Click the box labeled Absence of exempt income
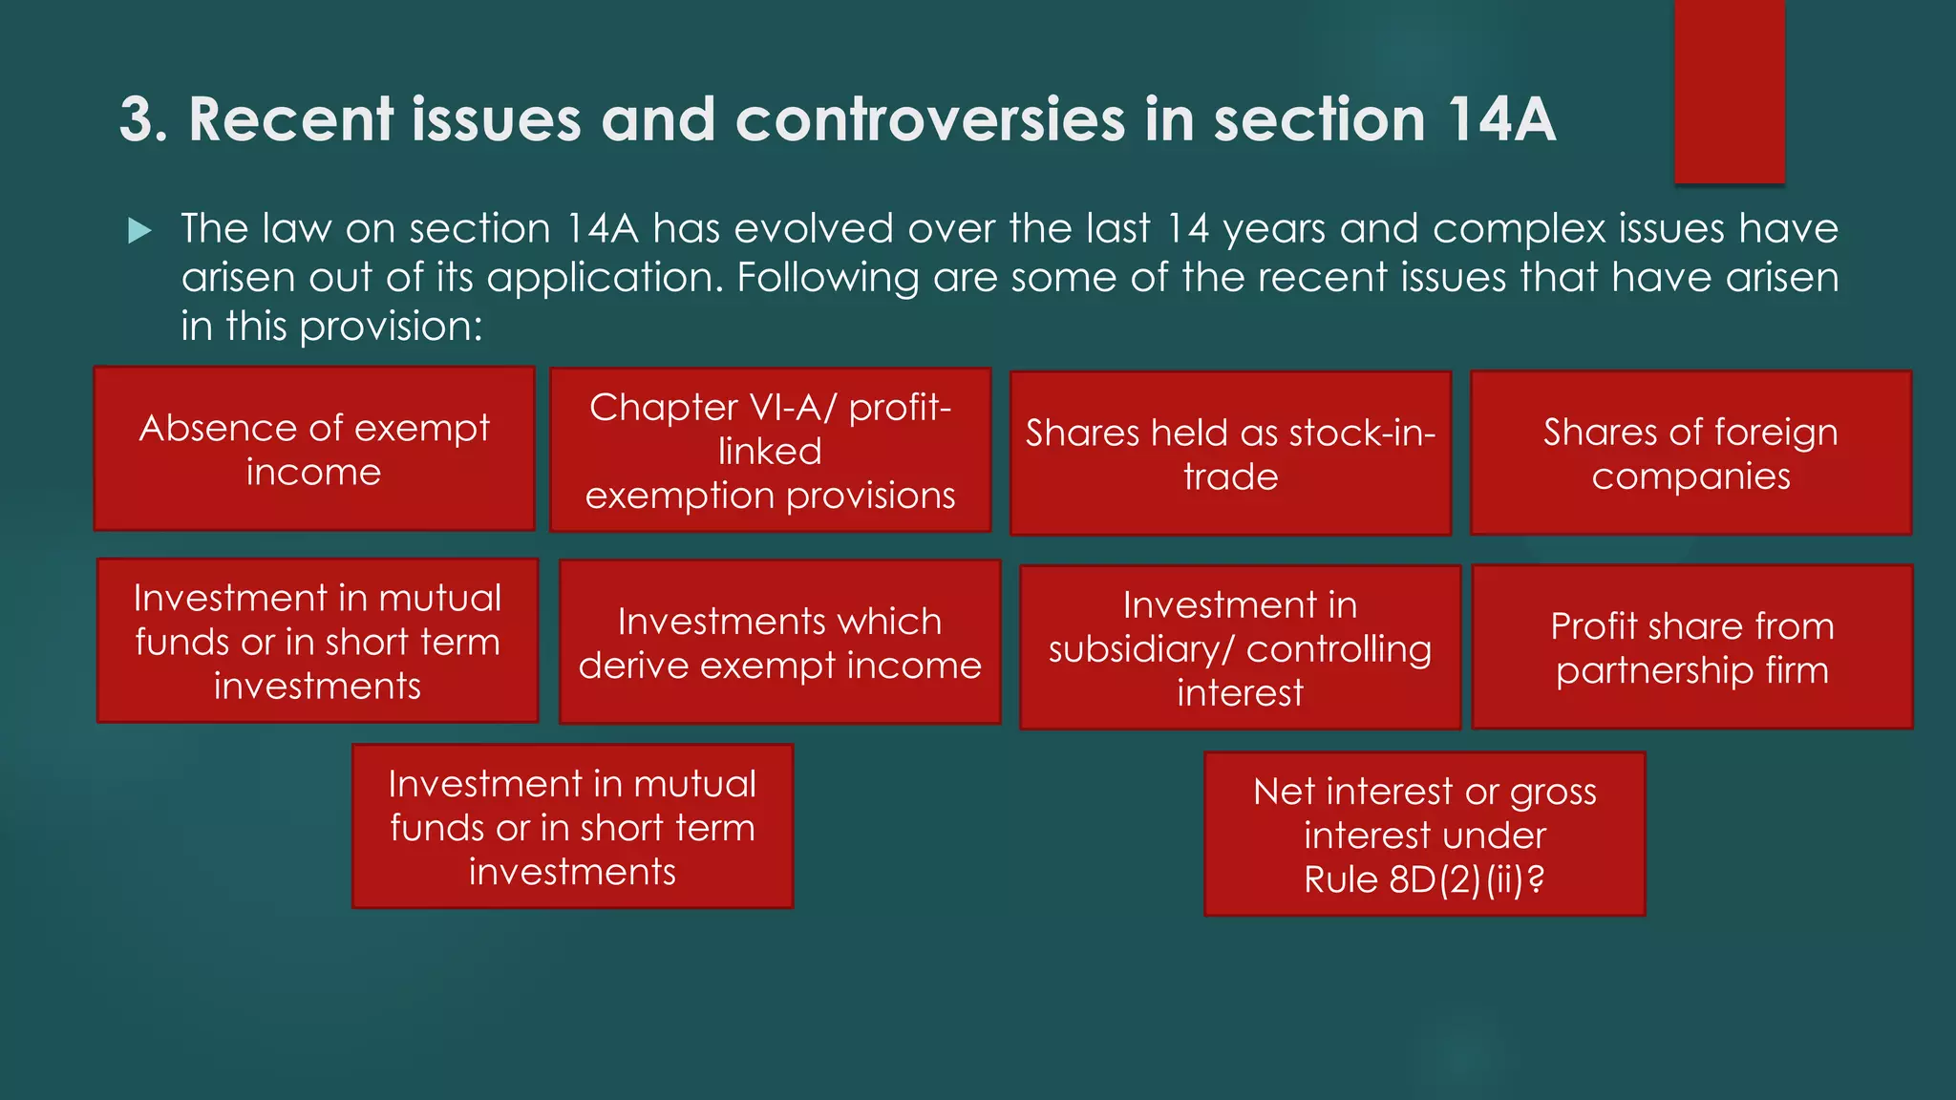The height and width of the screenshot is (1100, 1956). coord(314,449)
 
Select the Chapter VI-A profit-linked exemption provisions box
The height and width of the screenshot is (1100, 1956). coord(770,451)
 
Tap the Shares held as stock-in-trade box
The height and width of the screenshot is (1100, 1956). coord(1230,454)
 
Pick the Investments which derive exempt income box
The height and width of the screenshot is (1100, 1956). coord(779,643)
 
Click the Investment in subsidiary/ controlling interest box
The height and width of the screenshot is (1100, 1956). coord(1240,648)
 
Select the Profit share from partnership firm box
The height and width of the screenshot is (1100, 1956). coord(1692,647)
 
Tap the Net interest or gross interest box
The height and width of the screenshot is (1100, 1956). coord(1424,835)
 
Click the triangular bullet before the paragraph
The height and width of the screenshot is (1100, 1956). coord(139,230)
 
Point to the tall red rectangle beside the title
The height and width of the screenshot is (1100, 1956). coord(1729,92)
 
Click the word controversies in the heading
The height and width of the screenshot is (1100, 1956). coord(930,120)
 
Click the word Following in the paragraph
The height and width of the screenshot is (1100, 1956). coord(827,278)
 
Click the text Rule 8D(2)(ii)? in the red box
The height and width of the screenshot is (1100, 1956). coord(1424,879)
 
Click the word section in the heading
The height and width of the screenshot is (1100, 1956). coord(1319,120)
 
